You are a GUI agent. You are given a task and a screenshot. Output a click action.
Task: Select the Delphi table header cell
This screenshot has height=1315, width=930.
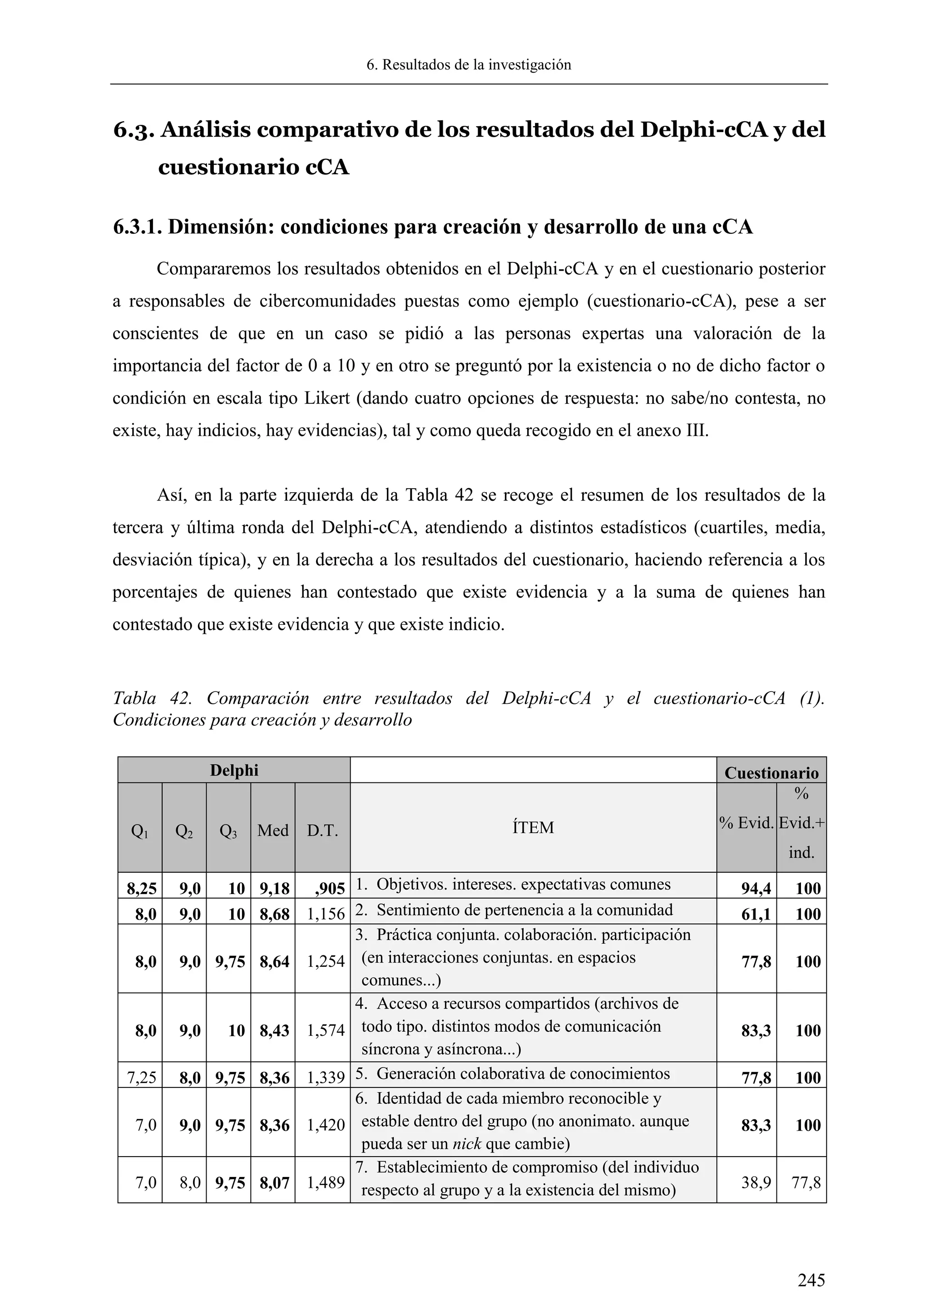234,770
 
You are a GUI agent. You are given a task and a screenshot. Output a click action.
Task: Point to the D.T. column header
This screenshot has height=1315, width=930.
322,831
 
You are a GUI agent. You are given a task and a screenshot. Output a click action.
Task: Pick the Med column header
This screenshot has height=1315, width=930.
272,831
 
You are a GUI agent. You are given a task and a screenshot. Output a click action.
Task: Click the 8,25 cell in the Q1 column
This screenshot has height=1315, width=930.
141,888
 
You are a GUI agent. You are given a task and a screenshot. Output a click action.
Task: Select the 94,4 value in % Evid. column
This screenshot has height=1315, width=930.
756,888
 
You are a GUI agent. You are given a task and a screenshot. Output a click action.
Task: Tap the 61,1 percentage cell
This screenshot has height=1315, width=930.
756,914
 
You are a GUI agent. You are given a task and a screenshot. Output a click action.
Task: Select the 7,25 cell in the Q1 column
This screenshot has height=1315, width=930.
141,1078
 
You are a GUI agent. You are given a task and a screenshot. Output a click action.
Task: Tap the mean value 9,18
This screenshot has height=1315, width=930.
274,888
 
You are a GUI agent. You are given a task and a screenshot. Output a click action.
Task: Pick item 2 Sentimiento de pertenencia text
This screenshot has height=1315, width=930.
524,910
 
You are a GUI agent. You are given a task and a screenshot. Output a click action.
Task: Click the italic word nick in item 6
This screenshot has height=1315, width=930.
467,1144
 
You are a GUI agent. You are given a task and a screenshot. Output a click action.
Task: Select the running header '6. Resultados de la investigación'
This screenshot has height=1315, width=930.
469,65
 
